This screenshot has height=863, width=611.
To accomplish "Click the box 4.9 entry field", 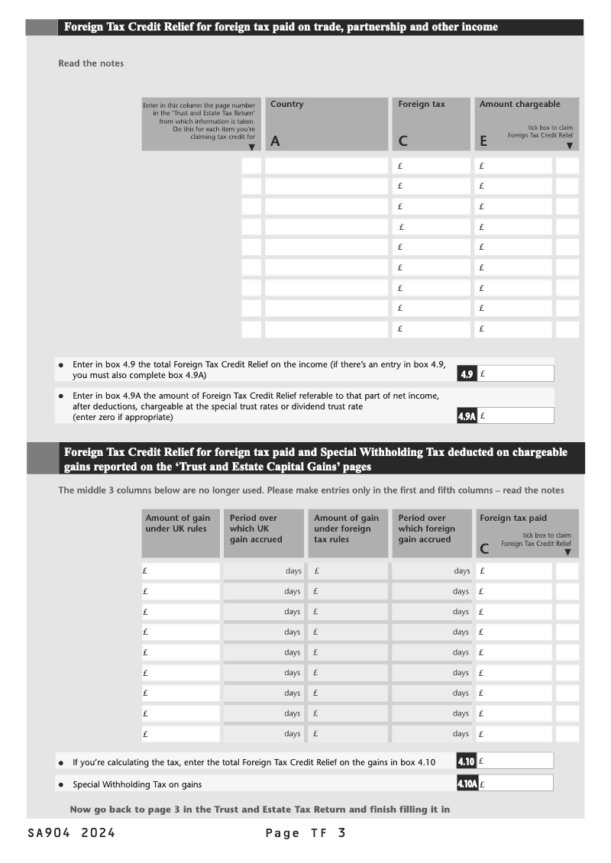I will pyautogui.click(x=516, y=373).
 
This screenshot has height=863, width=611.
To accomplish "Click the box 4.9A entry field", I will pyautogui.click(x=516, y=415).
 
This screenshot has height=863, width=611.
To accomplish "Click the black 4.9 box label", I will pyautogui.click(x=467, y=374).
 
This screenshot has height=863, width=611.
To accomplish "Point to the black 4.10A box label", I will pyautogui.click(x=467, y=784).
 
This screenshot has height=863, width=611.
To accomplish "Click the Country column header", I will pyautogui.click(x=287, y=105).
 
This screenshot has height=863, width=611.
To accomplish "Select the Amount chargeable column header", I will pyautogui.click(x=519, y=105).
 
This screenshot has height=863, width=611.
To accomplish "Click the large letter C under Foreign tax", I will pyautogui.click(x=403, y=141).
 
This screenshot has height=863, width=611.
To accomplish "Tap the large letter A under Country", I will pyautogui.click(x=276, y=141).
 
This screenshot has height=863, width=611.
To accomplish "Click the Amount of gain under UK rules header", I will pyautogui.click(x=178, y=523).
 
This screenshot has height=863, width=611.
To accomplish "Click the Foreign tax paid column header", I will pyautogui.click(x=513, y=518).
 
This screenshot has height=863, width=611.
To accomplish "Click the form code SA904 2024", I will pyautogui.click(x=71, y=833).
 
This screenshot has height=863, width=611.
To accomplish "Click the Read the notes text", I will pyautogui.click(x=91, y=63).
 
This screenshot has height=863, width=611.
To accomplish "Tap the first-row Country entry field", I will pyautogui.click(x=326, y=166).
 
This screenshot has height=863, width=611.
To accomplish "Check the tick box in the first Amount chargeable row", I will pyautogui.click(x=567, y=166).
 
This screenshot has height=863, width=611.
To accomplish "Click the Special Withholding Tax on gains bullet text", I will pyautogui.click(x=137, y=784).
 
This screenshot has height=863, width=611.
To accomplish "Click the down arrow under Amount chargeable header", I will pyautogui.click(x=569, y=145).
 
